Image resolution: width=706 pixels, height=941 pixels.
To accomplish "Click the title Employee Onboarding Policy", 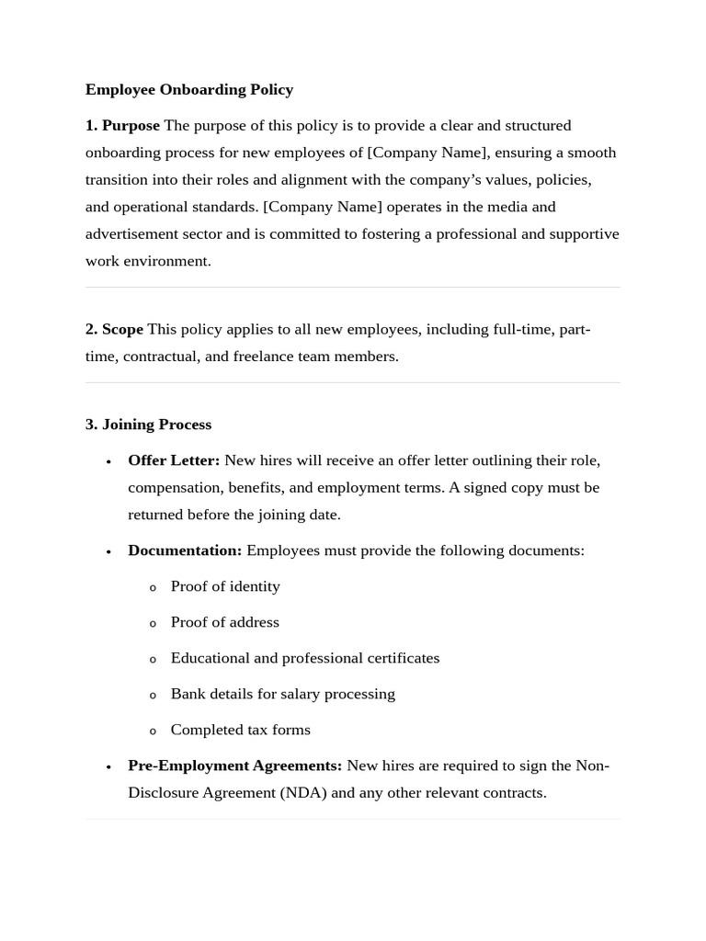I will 189,89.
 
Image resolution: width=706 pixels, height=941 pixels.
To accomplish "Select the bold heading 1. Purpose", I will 122,125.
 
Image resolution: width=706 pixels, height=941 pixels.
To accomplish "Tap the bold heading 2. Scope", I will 114,329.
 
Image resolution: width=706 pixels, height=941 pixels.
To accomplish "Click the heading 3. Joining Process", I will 148,425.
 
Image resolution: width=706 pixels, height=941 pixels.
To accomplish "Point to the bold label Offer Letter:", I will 174,460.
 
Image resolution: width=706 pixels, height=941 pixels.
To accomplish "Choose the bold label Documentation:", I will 185,550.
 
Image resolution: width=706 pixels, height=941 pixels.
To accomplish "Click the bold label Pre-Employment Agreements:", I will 234,765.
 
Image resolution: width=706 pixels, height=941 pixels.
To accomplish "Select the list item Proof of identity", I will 225,586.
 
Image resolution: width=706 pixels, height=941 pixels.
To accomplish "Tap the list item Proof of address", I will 224,622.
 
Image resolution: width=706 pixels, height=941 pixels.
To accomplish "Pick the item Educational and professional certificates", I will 305,658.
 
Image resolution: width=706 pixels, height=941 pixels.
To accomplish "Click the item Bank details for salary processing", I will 282,694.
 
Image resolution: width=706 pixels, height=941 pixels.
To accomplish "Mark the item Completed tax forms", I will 240,730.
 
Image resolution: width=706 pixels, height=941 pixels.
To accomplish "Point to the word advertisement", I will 130,234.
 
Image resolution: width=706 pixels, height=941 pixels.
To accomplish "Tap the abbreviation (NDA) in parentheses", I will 302,792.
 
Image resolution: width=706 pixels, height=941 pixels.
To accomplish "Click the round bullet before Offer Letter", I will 108,461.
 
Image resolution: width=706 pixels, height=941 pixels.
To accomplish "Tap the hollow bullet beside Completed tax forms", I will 154,731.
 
